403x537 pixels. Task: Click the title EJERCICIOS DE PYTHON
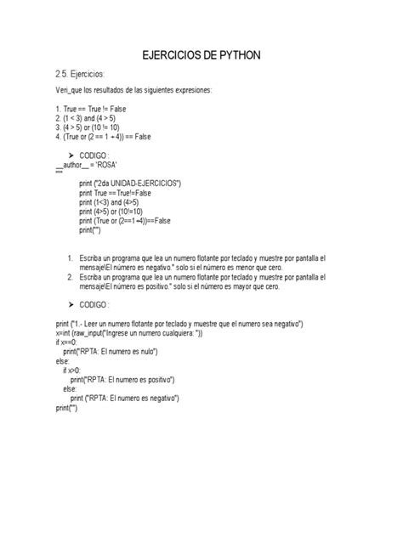point(201,55)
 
